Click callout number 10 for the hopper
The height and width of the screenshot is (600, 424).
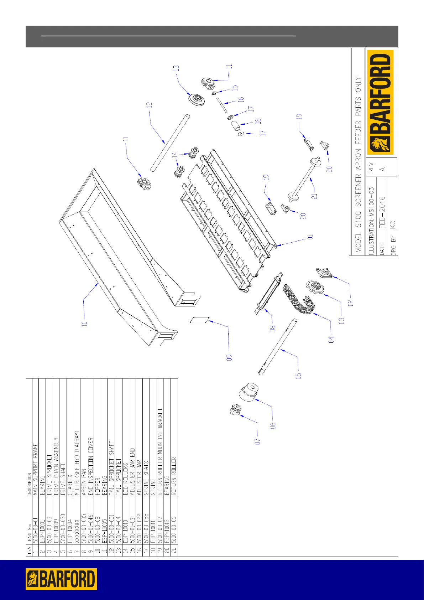pos(85,324)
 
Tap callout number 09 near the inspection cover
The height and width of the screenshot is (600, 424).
pos(230,357)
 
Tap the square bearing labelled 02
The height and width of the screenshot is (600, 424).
pos(324,273)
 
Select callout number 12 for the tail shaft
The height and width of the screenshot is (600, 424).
pos(150,105)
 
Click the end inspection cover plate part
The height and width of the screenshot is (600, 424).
pos(199,320)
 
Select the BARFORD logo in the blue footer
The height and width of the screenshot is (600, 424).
pos(61,579)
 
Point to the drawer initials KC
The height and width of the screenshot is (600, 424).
pos(393,224)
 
